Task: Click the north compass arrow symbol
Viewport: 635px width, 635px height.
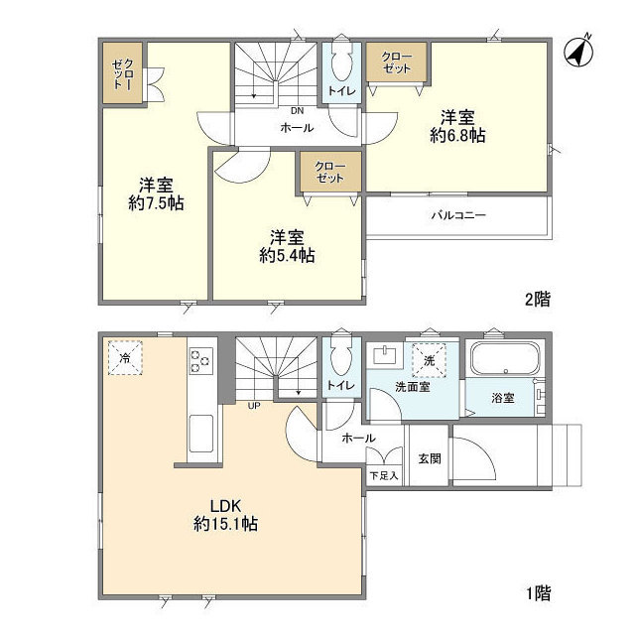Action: (578, 52)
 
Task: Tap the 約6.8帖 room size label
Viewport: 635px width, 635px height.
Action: (457, 135)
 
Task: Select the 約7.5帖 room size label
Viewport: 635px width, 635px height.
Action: (157, 202)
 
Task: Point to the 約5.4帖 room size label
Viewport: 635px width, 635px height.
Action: (287, 255)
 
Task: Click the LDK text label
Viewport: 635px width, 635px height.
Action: (225, 506)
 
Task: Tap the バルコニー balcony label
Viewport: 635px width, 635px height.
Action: (458, 214)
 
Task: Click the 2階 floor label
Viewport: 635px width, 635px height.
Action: (538, 300)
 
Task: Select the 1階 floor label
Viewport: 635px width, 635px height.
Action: (538, 593)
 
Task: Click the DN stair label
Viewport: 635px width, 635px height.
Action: (298, 110)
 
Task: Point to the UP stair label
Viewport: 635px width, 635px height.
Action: (254, 406)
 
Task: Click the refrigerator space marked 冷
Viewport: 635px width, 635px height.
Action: (125, 358)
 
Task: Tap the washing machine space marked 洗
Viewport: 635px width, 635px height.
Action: (430, 360)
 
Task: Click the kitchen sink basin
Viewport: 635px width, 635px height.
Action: (201, 434)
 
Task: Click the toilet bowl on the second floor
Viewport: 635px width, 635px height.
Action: (341, 63)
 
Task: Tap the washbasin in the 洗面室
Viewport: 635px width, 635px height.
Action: (386, 355)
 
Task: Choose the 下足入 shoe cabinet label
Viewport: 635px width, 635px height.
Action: (384, 476)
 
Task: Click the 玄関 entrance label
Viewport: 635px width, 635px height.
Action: (430, 458)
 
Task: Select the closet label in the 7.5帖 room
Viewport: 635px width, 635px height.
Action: (123, 73)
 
